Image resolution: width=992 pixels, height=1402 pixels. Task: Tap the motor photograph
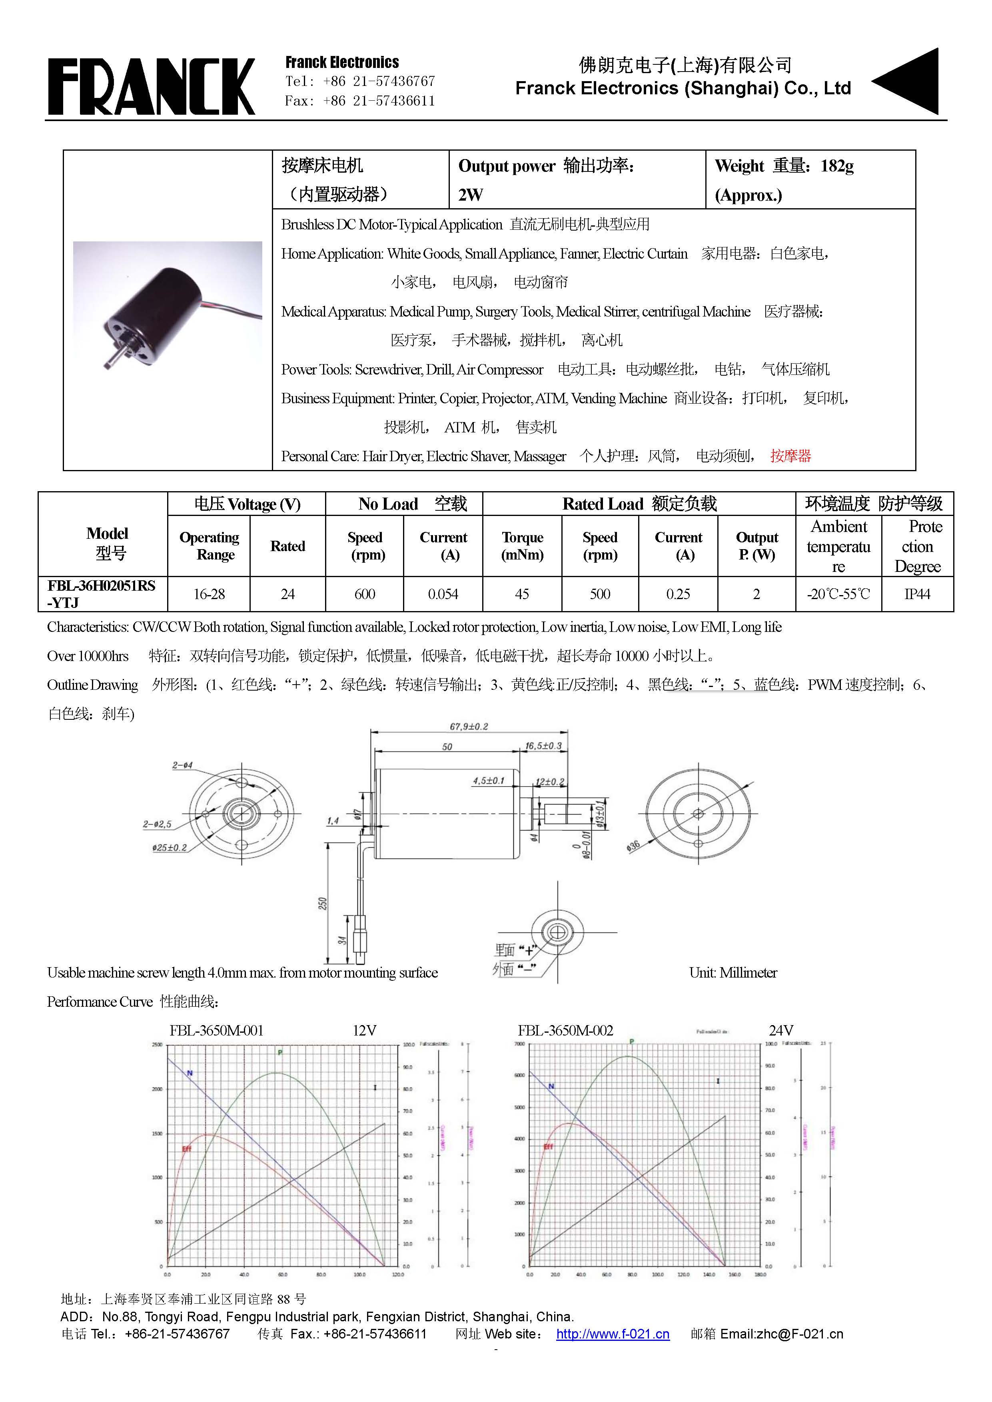(168, 306)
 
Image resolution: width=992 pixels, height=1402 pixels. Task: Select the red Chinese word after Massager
(790, 456)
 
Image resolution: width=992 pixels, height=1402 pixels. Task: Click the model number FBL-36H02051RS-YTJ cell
(102, 593)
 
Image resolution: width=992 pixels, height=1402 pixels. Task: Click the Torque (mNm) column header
(522, 546)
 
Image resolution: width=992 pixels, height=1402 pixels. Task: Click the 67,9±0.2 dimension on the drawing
(469, 727)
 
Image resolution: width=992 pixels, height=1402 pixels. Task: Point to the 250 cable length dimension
(323, 903)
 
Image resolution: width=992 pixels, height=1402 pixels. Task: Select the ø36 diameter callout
(633, 846)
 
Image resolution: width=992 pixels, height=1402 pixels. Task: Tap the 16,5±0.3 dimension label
(543, 746)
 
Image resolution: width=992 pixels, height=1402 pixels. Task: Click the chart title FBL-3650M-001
(216, 1031)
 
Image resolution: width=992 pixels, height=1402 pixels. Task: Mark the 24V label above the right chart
(780, 1031)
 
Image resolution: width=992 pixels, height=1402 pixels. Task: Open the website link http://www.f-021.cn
(613, 1334)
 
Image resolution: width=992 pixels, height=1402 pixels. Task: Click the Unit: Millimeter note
(733, 973)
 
